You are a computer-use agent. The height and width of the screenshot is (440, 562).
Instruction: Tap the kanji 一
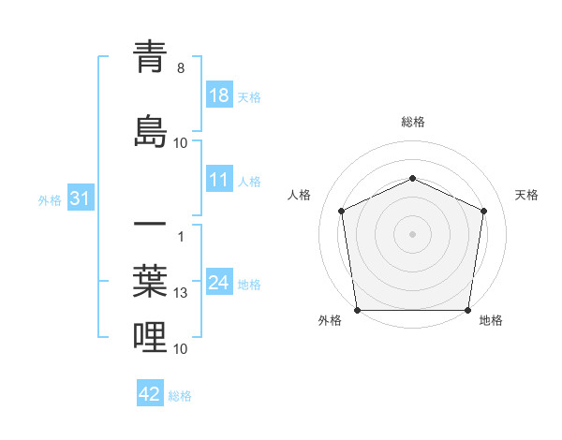150,226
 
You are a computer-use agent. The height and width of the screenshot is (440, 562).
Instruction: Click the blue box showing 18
219,96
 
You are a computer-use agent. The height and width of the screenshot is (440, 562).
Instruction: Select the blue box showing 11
219,180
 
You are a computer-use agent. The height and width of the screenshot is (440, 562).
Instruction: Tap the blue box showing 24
219,283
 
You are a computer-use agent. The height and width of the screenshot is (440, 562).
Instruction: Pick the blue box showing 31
80,199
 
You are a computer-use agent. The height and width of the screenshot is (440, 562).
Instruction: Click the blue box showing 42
150,394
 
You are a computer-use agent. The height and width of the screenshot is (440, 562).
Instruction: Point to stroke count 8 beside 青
181,68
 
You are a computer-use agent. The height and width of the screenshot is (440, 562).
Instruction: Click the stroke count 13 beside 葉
181,293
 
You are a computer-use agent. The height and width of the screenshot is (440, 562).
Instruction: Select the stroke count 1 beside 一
181,235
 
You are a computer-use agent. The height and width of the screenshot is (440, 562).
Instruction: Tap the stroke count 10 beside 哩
181,349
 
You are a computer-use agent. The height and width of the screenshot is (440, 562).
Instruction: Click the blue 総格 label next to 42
181,396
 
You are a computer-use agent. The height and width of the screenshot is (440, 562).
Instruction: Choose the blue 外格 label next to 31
50,200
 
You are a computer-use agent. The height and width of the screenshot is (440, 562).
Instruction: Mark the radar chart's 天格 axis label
526,195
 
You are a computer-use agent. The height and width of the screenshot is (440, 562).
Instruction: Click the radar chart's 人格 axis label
300,195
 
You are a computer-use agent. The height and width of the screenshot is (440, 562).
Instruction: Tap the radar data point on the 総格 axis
412,178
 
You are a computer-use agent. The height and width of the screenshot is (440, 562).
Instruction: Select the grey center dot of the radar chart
412,234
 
